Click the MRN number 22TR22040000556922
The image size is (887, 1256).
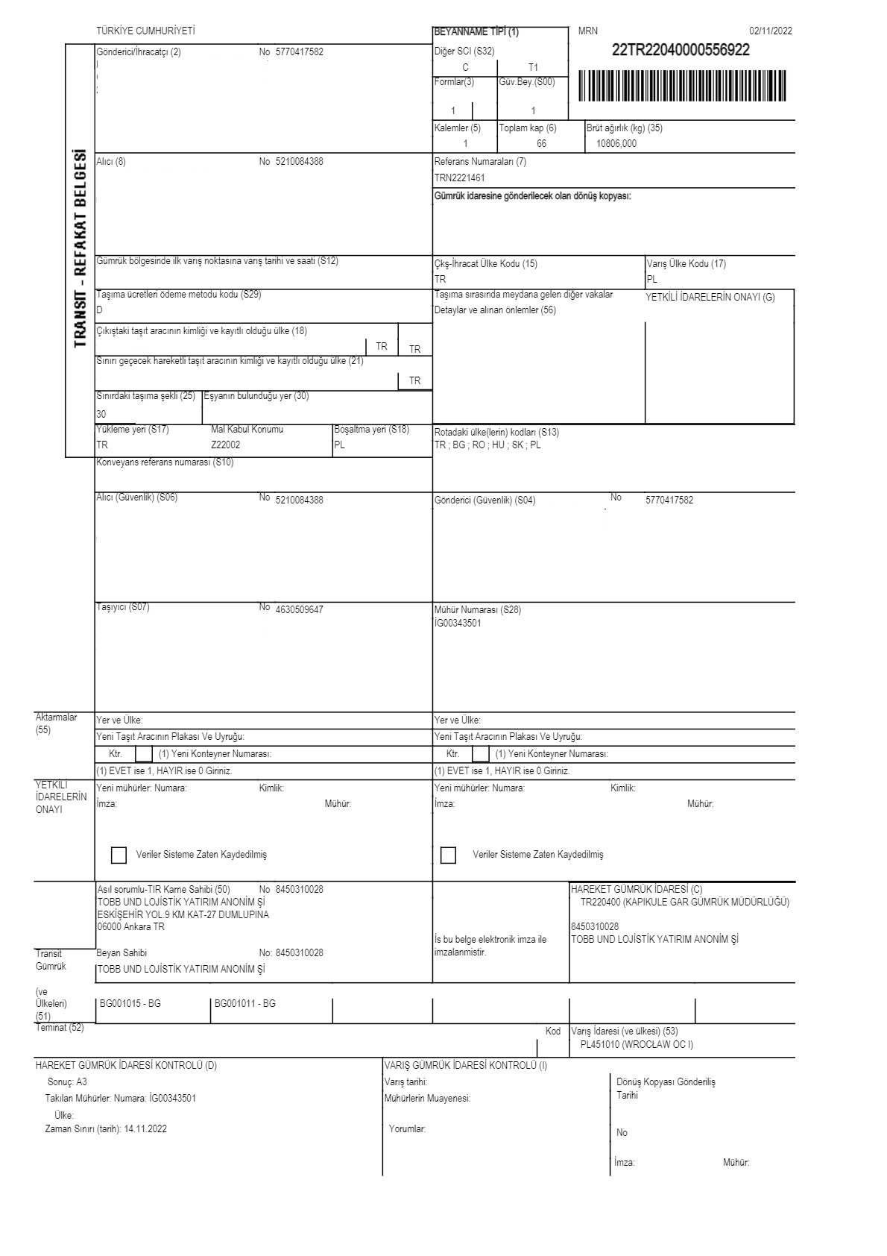(x=681, y=51)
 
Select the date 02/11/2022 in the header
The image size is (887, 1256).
(x=771, y=31)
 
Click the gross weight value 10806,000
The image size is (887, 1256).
(x=611, y=144)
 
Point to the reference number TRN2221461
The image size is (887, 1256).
(x=459, y=178)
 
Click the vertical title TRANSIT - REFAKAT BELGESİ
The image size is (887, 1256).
(x=81, y=249)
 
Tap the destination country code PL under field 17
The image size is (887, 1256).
(x=652, y=280)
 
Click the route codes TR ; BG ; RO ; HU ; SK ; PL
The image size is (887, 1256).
(x=487, y=445)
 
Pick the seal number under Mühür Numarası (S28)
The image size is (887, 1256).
(x=458, y=624)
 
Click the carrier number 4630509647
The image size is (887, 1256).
(x=299, y=610)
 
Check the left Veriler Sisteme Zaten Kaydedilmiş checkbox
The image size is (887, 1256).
(x=119, y=855)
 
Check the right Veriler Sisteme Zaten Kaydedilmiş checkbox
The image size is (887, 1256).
(x=448, y=855)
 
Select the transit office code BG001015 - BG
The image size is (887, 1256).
(x=130, y=1004)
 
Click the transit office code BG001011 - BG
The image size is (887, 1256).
(x=245, y=1004)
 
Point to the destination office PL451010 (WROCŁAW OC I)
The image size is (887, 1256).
(x=637, y=1044)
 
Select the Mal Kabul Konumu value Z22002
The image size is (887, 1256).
(x=226, y=445)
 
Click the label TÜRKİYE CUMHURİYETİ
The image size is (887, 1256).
(x=145, y=31)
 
